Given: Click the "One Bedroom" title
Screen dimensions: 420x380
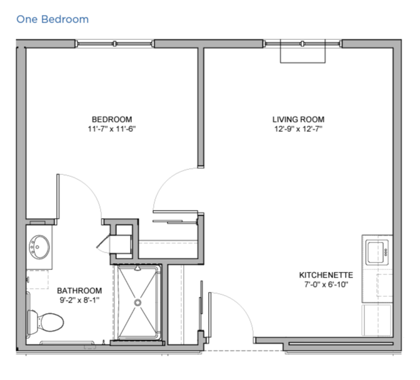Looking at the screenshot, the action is click(52, 19).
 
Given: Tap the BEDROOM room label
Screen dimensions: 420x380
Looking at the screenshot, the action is click(112, 119).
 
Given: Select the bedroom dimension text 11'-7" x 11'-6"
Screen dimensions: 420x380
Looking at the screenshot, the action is click(112, 129).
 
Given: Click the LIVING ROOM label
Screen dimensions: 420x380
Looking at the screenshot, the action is click(298, 119).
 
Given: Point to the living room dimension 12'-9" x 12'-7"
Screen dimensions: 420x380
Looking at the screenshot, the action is click(298, 129).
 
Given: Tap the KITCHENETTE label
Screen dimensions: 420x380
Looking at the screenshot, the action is click(326, 275).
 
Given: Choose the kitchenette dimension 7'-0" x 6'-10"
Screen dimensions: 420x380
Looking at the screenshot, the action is click(326, 284).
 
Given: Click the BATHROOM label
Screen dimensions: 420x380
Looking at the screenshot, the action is click(79, 291).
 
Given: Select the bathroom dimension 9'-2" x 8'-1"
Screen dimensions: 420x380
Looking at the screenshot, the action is click(79, 300).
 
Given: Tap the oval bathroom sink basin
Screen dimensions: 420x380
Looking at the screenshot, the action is click(39, 247).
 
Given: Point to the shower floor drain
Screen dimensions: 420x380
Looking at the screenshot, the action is click(137, 302).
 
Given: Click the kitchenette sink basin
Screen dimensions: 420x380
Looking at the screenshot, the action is click(375, 252).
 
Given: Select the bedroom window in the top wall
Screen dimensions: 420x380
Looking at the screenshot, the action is click(114, 44).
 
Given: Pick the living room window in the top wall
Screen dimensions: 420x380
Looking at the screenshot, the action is click(302, 44).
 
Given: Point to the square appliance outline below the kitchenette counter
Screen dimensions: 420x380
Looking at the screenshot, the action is click(376, 320).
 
